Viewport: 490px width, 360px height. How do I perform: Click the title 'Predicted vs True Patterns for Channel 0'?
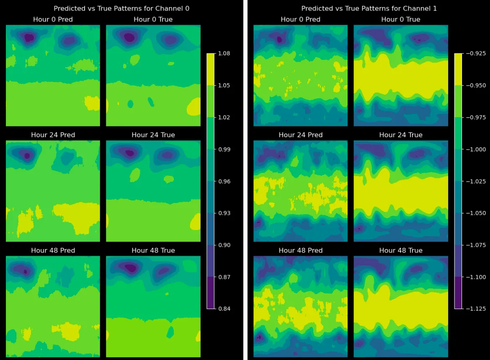pos(121,8)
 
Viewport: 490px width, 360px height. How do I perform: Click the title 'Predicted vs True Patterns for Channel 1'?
pos(369,8)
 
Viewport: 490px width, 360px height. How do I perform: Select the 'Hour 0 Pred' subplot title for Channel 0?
pos(53,19)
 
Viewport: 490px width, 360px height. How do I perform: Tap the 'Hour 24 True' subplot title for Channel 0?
pos(153,135)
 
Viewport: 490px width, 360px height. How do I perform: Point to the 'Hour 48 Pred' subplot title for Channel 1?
pos(301,250)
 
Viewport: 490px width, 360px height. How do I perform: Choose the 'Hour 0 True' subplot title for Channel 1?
pos(401,19)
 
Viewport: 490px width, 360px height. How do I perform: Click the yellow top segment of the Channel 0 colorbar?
pos(210,69)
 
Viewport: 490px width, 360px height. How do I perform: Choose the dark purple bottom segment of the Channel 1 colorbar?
pos(458,293)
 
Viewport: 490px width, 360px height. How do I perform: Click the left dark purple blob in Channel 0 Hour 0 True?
pos(129,37)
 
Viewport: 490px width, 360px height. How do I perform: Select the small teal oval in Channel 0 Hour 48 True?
pos(170,332)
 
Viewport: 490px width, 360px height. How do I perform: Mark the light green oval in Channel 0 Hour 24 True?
pos(135,174)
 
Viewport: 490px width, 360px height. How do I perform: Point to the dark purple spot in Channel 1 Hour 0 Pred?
pos(279,39)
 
